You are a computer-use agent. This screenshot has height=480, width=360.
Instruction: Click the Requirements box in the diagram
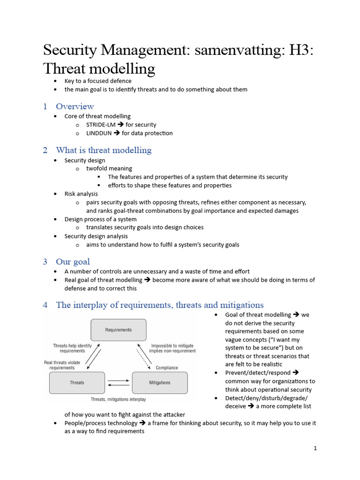pyautogui.click(x=118, y=330)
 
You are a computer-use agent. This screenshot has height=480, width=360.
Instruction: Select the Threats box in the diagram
pyautogui.click(x=77, y=382)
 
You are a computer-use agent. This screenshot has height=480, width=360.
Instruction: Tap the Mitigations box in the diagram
pyautogui.click(x=160, y=382)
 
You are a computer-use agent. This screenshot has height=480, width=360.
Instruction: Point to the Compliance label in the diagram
pyautogui.click(x=167, y=368)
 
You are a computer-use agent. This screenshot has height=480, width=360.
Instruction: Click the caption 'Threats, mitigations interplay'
pyautogui.click(x=118, y=399)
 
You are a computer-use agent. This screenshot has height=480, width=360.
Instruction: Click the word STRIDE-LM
pyautogui.click(x=100, y=125)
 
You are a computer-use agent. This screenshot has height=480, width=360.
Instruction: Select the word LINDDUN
pyautogui.click(x=99, y=133)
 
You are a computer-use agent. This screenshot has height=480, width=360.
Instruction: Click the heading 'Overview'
pyautogui.click(x=75, y=106)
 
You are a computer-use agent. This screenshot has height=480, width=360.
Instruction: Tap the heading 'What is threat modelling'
pyautogui.click(x=104, y=150)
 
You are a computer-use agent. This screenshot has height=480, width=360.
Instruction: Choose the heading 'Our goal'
pyautogui.click(x=73, y=262)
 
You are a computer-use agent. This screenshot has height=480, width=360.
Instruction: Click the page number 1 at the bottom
pyautogui.click(x=315, y=448)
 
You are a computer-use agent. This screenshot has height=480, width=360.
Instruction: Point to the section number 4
pyautogui.click(x=45, y=305)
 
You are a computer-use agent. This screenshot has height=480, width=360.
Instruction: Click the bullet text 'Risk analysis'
pyautogui.click(x=81, y=194)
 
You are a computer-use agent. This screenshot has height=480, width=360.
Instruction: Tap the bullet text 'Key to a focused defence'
pyautogui.click(x=98, y=81)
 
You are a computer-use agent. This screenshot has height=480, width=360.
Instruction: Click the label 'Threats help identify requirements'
pyautogui.click(x=72, y=348)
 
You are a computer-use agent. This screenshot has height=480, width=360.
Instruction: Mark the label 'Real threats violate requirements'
pyautogui.click(x=62, y=365)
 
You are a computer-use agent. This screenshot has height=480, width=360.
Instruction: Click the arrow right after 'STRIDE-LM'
pyautogui.click(x=120, y=125)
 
